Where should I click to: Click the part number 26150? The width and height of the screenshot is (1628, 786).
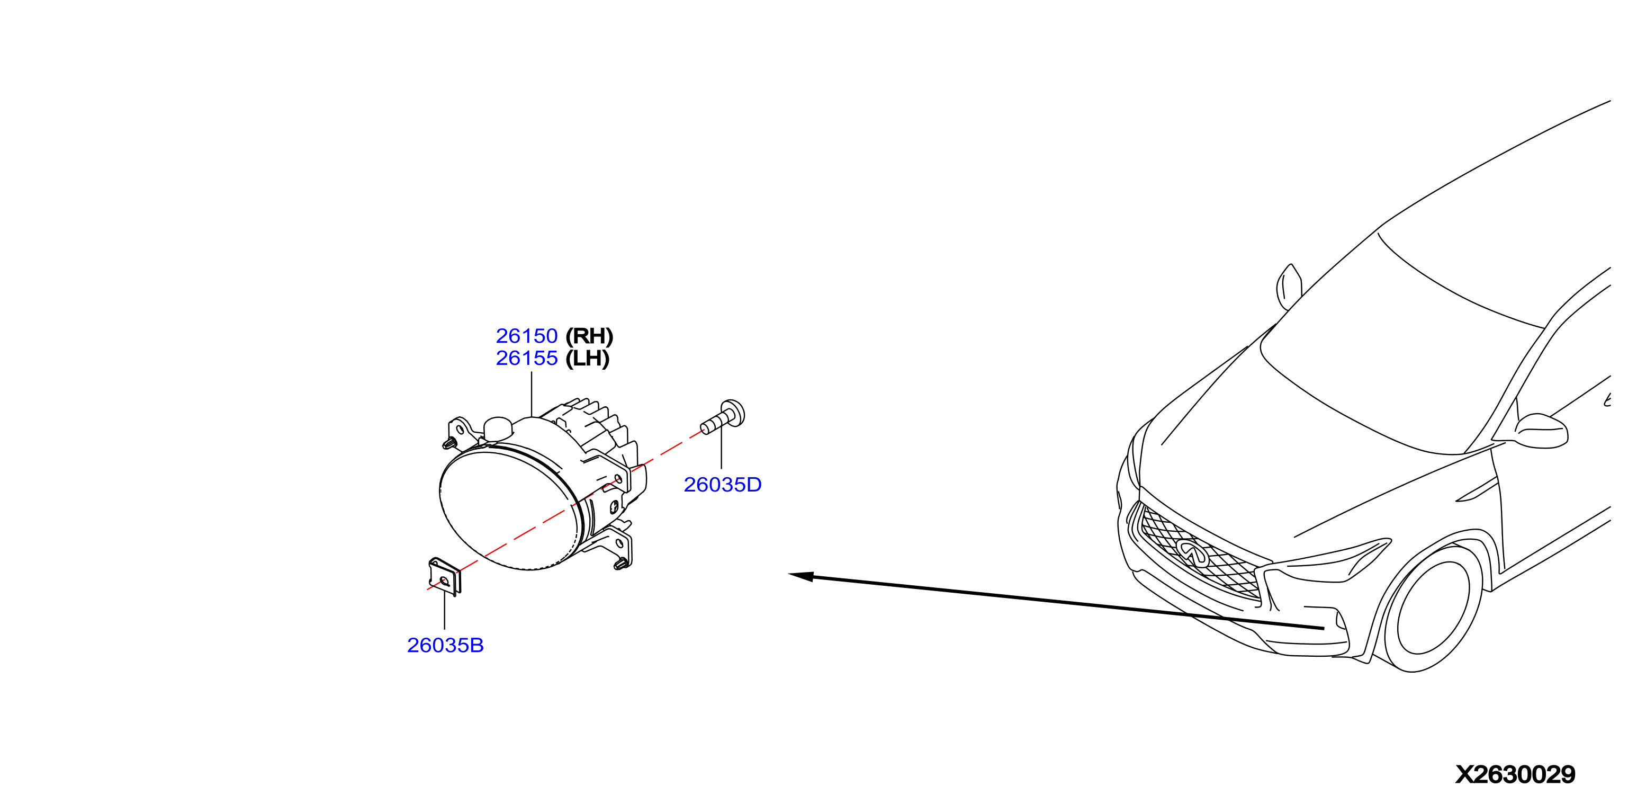[526, 336]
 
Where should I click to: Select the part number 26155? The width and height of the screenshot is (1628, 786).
[526, 358]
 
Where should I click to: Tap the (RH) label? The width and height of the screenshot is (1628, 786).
[589, 336]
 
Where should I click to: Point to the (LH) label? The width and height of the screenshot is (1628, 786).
[587, 359]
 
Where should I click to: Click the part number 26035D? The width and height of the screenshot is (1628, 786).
[722, 485]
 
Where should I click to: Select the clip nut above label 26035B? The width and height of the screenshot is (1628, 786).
[445, 576]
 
